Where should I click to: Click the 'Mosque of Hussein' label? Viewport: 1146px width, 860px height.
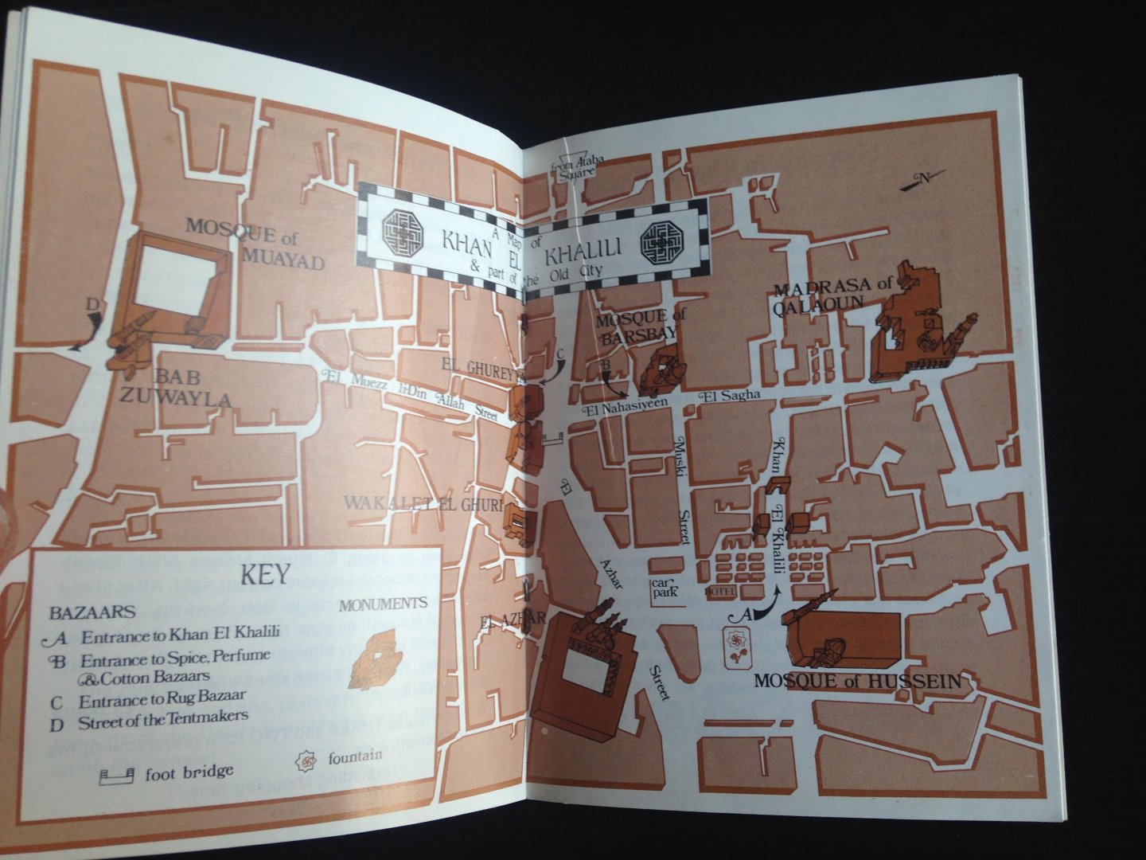click(856, 682)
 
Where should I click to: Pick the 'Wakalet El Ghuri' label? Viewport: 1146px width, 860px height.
click(423, 503)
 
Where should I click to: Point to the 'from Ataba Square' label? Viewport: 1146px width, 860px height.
click(583, 165)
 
